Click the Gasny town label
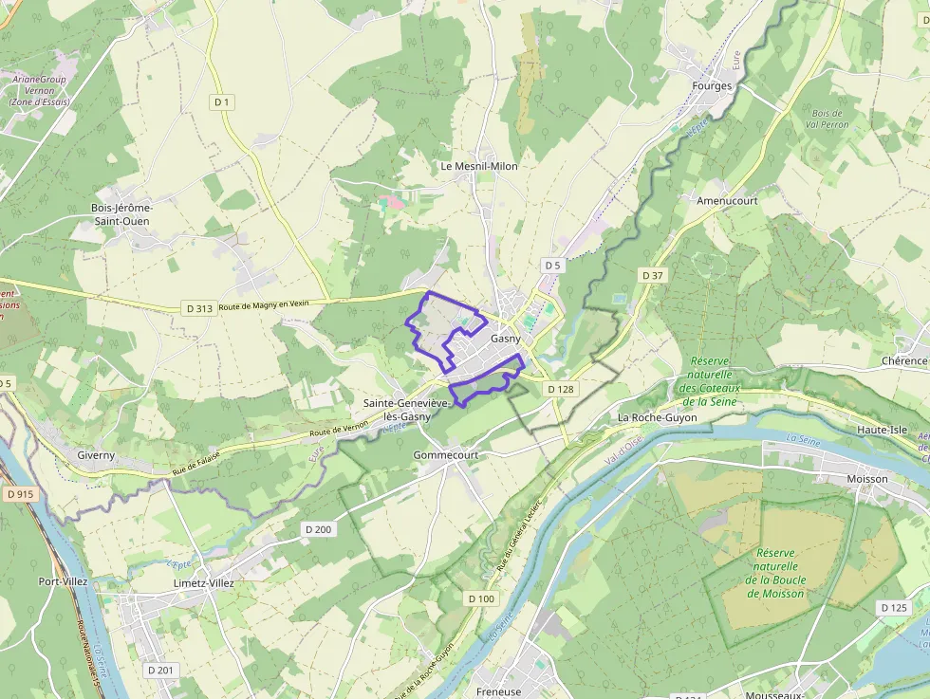pyautogui.click(x=506, y=339)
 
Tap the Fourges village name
pyautogui.click(x=713, y=86)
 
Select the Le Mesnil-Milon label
pyautogui.click(x=479, y=166)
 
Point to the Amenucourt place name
pyautogui.click(x=727, y=201)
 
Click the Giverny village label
pyautogui.click(x=96, y=455)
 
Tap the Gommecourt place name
pyautogui.click(x=446, y=455)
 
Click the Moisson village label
pyautogui.click(x=866, y=479)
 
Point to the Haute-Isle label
pyautogui.click(x=882, y=430)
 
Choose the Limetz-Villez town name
pyautogui.click(x=203, y=583)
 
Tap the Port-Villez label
pyautogui.click(x=63, y=581)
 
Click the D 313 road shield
pyautogui.click(x=199, y=308)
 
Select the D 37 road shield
pyautogui.click(x=652, y=275)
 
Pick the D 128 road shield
pyautogui.click(x=561, y=389)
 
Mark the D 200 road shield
pyautogui.click(x=319, y=529)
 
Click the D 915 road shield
pyautogui.click(x=19, y=494)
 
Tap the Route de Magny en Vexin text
pyautogui.click(x=265, y=305)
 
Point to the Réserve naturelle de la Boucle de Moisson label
pyautogui.click(x=775, y=573)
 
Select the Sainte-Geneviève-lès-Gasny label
pyautogui.click(x=406, y=410)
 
